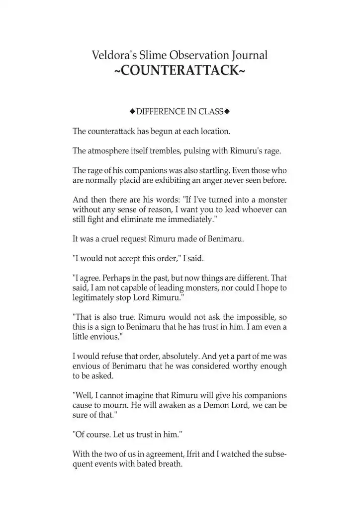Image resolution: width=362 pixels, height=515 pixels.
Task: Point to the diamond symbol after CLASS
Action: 227,111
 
